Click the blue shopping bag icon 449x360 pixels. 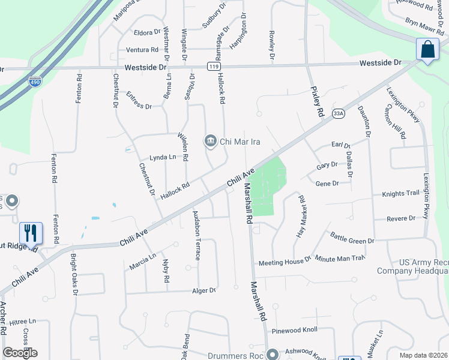(427, 49)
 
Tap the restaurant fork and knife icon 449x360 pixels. (30, 232)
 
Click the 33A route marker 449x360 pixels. (339, 113)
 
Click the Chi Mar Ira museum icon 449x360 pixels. (211, 141)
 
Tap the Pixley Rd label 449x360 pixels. (317, 100)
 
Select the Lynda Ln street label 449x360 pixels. (163, 157)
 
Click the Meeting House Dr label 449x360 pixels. (285, 262)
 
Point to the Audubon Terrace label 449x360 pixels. (196, 235)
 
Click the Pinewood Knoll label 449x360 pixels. (294, 329)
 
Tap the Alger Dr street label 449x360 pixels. (203, 290)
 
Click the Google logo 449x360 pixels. (20, 353)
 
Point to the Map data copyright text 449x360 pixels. (424, 355)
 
